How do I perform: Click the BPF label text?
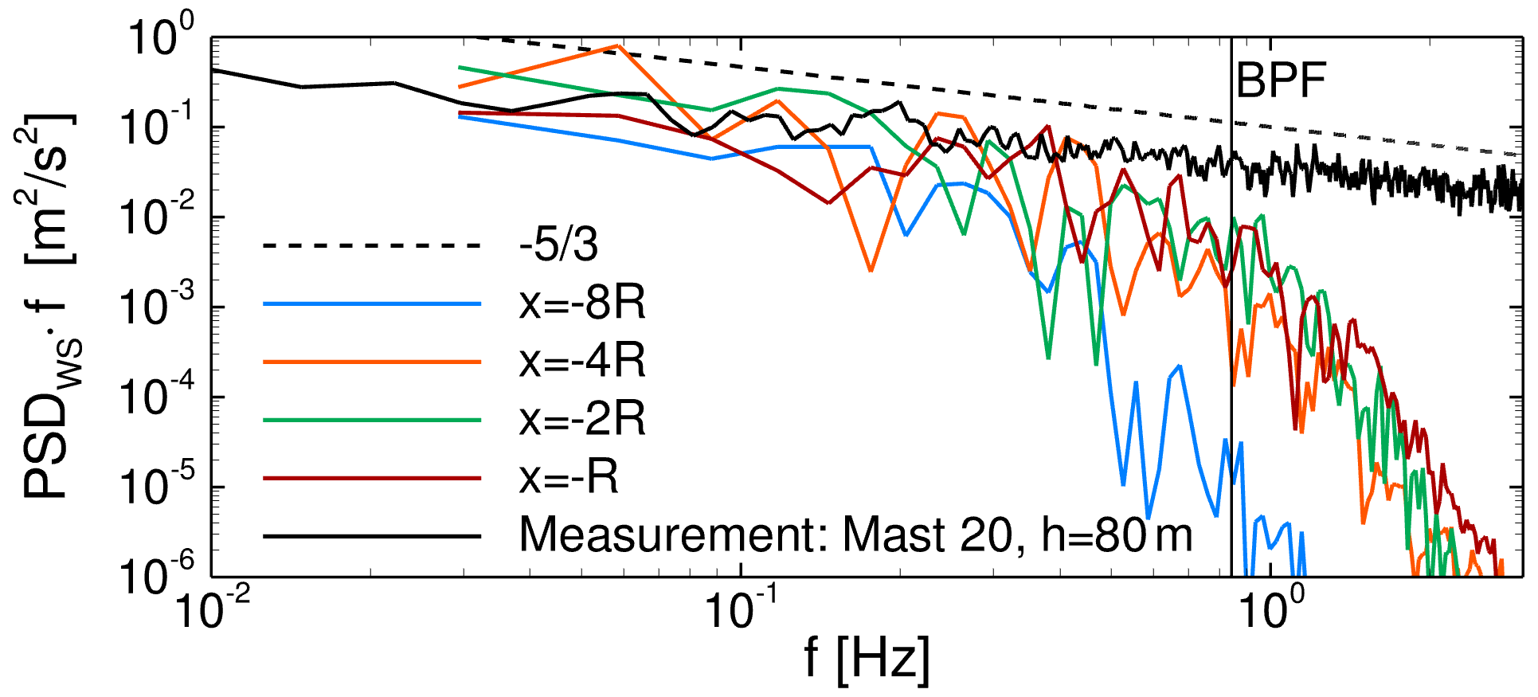click(1281, 80)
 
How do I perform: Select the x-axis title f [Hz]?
click(867, 658)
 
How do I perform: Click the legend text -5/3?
click(558, 245)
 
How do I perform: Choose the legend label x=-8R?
click(582, 303)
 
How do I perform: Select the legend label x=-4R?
click(582, 362)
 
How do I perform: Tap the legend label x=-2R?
click(582, 420)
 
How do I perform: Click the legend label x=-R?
click(569, 478)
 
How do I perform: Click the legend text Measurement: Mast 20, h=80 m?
click(856, 535)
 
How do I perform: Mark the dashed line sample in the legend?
click(372, 245)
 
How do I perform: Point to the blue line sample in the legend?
click(372, 303)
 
